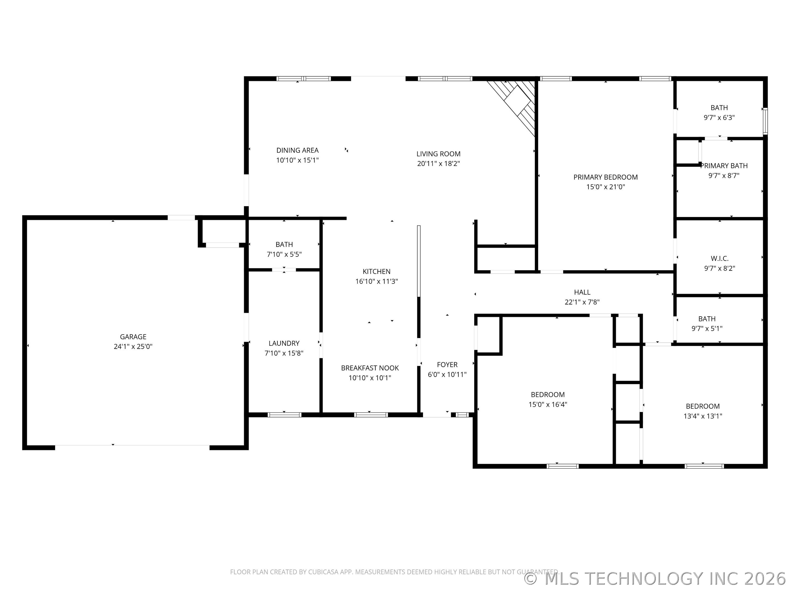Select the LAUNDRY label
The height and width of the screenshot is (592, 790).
tap(284, 343)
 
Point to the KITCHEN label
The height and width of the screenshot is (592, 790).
tap(376, 272)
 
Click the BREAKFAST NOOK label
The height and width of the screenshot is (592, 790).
tap(370, 368)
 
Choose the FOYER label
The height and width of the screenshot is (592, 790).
tap(447, 365)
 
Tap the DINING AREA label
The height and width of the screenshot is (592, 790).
tap(298, 150)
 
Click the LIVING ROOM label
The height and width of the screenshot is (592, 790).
tap(439, 154)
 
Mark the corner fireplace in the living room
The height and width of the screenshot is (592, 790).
tap(514, 104)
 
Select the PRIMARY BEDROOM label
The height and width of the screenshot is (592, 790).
tap(606, 177)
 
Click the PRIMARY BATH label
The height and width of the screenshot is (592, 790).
tap(724, 166)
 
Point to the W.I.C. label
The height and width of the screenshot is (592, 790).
tap(720, 258)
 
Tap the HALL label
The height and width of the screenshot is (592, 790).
tap(582, 292)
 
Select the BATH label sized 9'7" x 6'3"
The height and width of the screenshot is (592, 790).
tap(719, 108)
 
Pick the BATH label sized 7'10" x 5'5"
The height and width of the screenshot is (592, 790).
tap(284, 244)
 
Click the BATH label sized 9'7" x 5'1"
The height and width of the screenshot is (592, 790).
tap(707, 319)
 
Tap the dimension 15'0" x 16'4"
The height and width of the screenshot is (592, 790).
tap(548, 405)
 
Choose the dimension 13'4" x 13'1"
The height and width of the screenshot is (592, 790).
tap(703, 416)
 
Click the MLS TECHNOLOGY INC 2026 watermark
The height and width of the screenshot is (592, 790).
tap(656, 579)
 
